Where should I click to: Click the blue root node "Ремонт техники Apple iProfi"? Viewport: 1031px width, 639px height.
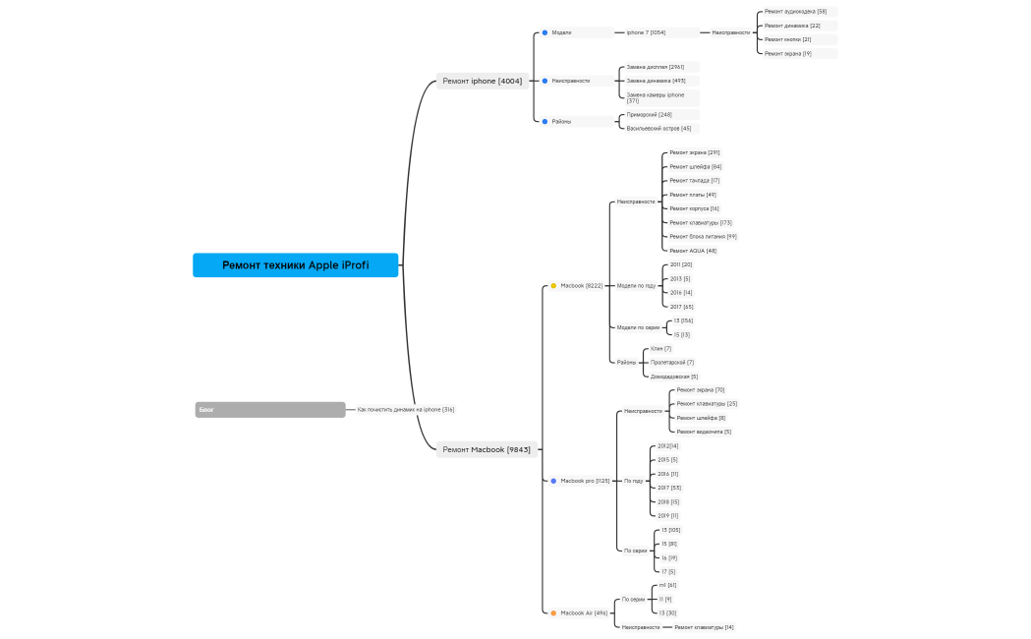[295, 265]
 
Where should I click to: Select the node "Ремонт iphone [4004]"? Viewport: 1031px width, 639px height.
[482, 81]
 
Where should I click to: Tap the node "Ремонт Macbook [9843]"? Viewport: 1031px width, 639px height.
[487, 449]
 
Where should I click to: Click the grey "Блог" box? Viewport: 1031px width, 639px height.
[270, 409]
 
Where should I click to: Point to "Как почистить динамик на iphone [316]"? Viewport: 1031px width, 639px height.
[405, 409]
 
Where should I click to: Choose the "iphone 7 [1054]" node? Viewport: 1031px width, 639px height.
[646, 32]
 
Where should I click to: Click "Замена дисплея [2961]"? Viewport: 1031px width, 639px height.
[656, 67]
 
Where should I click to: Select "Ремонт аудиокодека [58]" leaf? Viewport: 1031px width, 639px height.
[795, 12]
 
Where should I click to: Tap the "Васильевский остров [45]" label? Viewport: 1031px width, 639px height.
[659, 128]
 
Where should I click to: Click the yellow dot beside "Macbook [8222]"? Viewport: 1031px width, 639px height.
[553, 285]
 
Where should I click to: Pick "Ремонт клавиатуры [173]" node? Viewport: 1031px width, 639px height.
[700, 222]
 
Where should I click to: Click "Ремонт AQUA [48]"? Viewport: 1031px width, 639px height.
[693, 251]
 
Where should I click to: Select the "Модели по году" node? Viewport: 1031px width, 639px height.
[636, 285]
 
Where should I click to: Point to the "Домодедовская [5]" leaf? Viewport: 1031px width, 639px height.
[674, 377]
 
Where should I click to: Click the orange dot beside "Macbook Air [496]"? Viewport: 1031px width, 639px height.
[553, 612]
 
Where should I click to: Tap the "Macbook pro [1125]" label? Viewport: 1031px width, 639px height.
[585, 481]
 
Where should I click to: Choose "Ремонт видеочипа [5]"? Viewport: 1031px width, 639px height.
[704, 432]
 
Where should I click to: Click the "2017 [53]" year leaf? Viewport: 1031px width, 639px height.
[668, 488]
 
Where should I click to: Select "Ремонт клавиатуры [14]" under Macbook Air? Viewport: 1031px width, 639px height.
[704, 626]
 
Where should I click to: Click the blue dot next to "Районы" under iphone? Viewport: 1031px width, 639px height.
[544, 121]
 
